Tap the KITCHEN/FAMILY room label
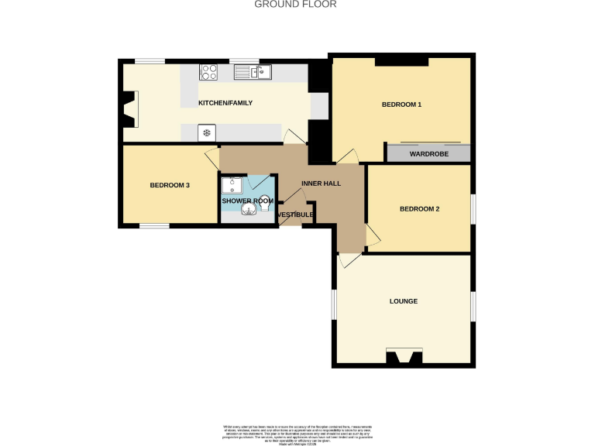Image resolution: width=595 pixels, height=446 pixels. (225, 103)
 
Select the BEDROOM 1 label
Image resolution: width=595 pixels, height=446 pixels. (401, 105)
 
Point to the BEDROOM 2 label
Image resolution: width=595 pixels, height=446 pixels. (419, 209)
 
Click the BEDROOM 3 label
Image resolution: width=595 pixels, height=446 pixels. (170, 185)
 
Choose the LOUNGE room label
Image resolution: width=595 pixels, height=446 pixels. (404, 301)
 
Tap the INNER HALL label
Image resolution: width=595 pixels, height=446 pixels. (321, 184)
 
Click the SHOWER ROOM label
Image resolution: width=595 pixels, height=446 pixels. (247, 201)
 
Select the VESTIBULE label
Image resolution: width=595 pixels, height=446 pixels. (295, 214)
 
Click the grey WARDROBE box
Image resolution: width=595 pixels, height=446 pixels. (429, 153)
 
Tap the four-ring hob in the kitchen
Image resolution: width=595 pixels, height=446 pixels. (208, 72)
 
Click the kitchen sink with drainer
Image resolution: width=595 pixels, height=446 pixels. (253, 72)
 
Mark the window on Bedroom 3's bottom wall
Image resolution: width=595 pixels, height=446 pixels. (154, 226)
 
